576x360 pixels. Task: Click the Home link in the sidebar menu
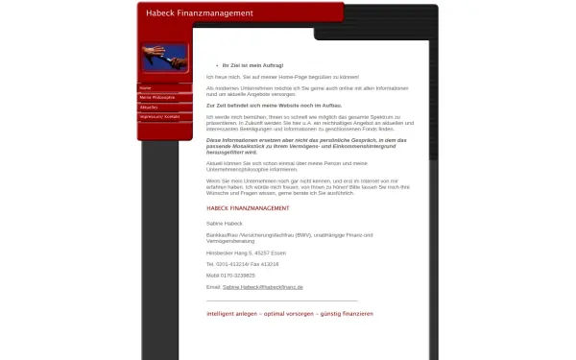point(146,87)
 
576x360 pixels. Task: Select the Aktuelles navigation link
point(149,107)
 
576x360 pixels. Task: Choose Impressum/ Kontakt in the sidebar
point(159,116)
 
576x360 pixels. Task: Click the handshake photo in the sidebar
point(165,59)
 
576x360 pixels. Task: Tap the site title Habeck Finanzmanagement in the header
point(200,13)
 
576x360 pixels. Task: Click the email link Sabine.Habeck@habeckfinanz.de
point(262,287)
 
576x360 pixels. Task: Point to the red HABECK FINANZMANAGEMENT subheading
point(248,208)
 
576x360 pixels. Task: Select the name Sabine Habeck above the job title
point(224,222)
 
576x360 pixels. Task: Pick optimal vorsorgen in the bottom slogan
point(286,313)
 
